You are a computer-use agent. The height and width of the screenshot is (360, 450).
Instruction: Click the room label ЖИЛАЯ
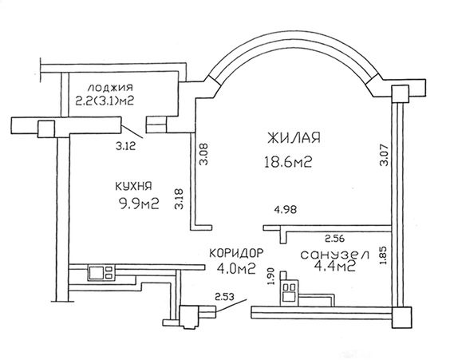294,138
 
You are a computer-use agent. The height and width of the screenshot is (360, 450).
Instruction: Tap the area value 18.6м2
288,162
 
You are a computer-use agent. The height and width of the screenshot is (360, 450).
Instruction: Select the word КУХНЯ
133,186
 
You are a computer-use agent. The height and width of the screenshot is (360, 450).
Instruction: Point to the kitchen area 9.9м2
139,204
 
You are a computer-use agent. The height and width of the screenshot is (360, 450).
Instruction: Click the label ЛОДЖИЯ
110,87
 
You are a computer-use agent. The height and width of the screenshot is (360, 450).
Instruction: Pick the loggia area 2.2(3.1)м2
105,101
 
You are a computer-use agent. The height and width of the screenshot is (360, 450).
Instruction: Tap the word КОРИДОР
236,253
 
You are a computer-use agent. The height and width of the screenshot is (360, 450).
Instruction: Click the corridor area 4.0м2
236,269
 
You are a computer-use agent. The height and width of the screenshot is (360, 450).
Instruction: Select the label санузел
334,255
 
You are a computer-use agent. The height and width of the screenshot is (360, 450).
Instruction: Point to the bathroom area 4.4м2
335,267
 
